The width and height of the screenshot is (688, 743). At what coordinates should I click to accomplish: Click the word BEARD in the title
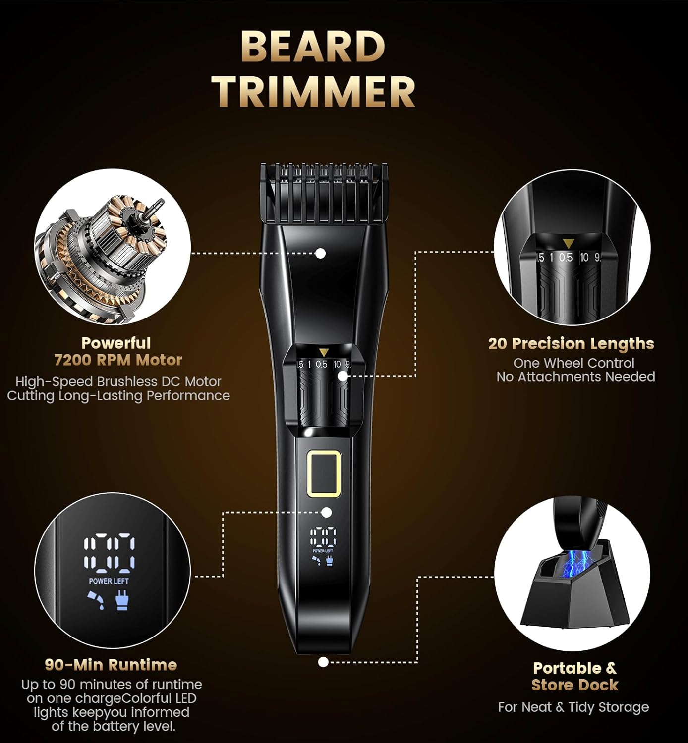pyautogui.click(x=313, y=47)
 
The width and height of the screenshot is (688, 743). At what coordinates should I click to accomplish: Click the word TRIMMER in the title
pyautogui.click(x=314, y=92)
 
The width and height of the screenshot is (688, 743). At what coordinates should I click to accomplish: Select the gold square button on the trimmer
pyautogui.click(x=324, y=474)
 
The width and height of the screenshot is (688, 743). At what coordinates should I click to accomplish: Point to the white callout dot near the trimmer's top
pyautogui.click(x=321, y=253)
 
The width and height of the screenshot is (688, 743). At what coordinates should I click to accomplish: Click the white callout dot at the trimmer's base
pyautogui.click(x=323, y=662)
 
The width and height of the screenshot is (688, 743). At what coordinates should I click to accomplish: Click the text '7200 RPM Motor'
pyautogui.click(x=118, y=360)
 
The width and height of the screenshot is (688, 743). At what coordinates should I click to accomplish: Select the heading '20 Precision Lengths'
pyautogui.click(x=571, y=343)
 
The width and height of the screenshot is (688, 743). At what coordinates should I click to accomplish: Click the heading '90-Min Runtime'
pyautogui.click(x=111, y=664)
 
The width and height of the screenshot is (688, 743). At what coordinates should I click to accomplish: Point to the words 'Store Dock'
pyautogui.click(x=574, y=685)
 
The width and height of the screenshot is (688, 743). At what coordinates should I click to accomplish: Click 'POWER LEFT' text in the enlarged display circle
pyautogui.click(x=109, y=581)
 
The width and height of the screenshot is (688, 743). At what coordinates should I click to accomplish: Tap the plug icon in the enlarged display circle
pyautogui.click(x=121, y=601)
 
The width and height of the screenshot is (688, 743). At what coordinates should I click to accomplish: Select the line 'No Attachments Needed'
pyautogui.click(x=575, y=377)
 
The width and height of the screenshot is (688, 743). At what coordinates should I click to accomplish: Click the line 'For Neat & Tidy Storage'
pyautogui.click(x=573, y=707)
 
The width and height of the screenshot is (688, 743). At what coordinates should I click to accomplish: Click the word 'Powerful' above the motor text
pyautogui.click(x=116, y=343)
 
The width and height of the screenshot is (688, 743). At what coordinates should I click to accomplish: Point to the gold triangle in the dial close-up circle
pyautogui.click(x=568, y=243)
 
